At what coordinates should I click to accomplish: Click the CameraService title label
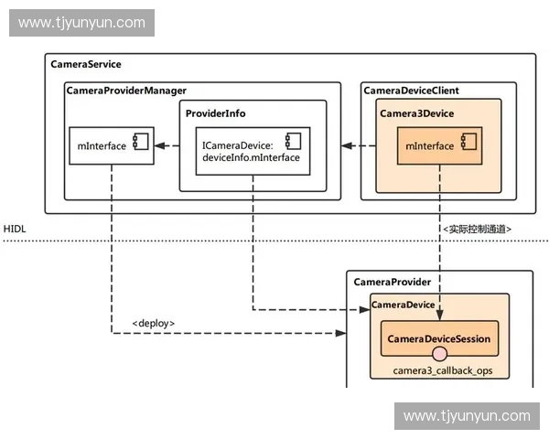(x=86, y=64)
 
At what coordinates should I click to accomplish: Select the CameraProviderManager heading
(x=126, y=91)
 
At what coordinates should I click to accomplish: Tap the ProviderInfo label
(x=215, y=113)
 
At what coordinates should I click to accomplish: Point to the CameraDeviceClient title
(x=411, y=91)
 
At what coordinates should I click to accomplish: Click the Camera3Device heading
(x=416, y=113)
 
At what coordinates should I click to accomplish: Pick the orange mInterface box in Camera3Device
(x=439, y=145)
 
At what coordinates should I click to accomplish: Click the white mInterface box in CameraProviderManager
(x=112, y=145)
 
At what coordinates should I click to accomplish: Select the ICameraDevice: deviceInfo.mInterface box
(x=253, y=151)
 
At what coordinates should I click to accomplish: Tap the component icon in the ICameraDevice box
(x=294, y=142)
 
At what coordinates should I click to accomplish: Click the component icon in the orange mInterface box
(x=468, y=142)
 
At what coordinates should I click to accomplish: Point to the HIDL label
(x=15, y=229)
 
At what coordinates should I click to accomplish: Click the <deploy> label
(x=154, y=323)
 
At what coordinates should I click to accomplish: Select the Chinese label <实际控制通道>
(x=477, y=229)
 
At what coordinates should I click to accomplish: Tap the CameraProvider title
(x=393, y=283)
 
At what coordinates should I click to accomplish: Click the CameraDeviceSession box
(x=439, y=338)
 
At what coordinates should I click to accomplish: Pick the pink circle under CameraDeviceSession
(x=439, y=354)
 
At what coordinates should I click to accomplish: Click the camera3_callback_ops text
(x=443, y=370)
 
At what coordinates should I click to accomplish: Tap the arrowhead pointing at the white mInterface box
(x=159, y=145)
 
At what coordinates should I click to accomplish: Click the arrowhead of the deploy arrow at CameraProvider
(x=340, y=333)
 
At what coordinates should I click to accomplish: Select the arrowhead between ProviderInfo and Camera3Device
(x=347, y=145)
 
